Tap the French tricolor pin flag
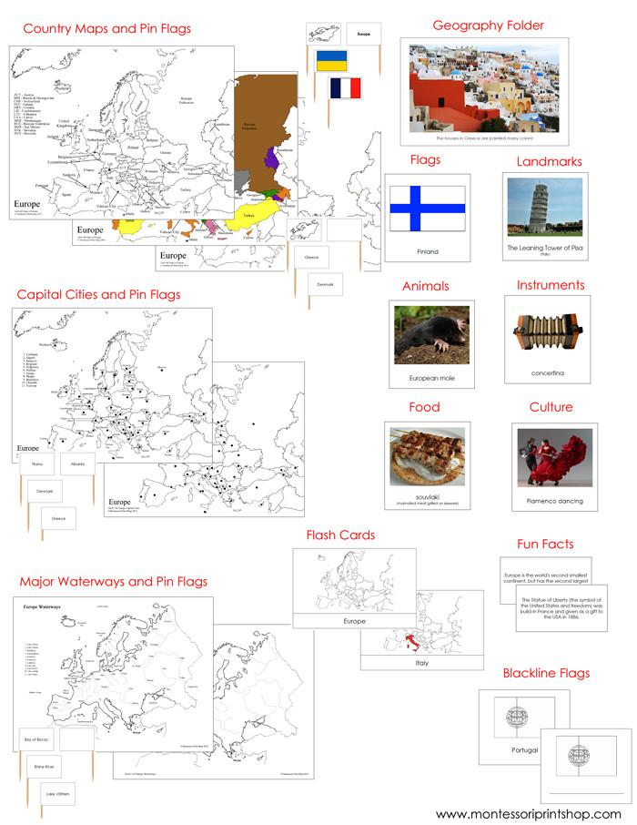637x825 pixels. pyautogui.click(x=345, y=88)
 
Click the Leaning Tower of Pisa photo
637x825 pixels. pyautogui.click(x=545, y=208)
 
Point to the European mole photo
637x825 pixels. pyautogui.click(x=430, y=334)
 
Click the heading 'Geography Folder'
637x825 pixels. pyautogui.click(x=488, y=25)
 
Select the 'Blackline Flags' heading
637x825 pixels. pyautogui.click(x=546, y=673)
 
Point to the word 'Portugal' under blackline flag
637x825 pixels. pyautogui.click(x=519, y=750)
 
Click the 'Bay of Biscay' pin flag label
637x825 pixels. pyautogui.click(x=43, y=740)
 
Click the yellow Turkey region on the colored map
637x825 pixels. pyautogui.click(x=258, y=217)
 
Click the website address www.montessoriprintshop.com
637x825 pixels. pyautogui.click(x=528, y=813)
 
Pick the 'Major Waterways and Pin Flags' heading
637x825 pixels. pyautogui.click(x=113, y=581)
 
